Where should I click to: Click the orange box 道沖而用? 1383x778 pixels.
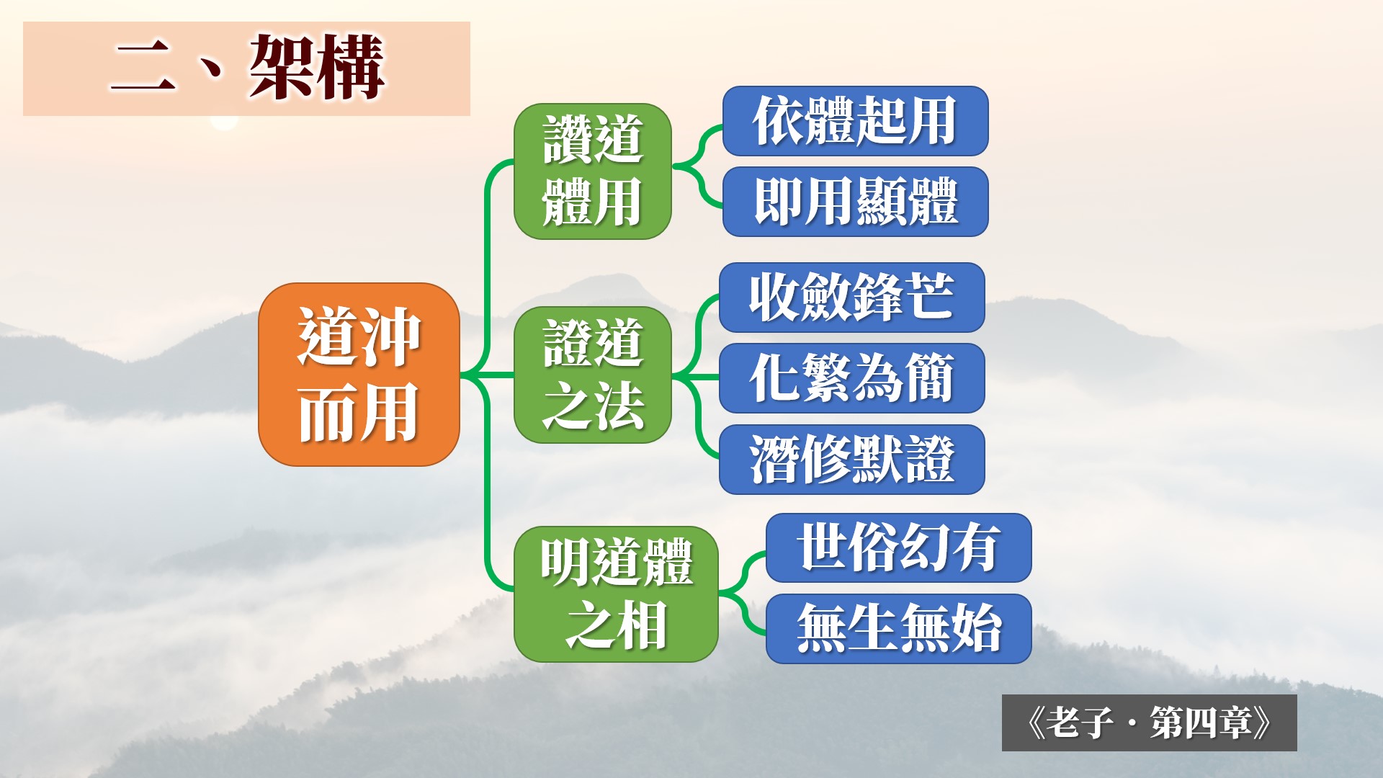(359, 375)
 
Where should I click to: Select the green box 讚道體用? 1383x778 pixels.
(593, 171)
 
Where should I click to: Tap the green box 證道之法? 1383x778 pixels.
(593, 375)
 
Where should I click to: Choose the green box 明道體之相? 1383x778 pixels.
(616, 594)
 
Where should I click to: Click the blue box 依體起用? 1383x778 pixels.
(855, 121)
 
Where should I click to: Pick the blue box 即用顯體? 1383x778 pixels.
(855, 202)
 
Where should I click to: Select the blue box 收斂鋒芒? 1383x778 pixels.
(852, 298)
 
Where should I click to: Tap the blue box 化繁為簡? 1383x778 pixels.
(852, 378)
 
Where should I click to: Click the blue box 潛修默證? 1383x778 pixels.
(852, 460)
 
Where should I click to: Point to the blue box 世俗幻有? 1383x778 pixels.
(899, 547)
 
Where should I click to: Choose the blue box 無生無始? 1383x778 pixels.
(899, 629)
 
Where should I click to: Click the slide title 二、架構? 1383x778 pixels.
(246, 68)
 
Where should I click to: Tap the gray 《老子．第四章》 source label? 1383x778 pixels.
(1150, 723)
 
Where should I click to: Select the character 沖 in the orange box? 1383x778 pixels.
(390, 337)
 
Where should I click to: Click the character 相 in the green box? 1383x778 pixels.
(641, 625)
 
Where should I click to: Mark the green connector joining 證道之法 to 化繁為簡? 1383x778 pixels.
(696, 377)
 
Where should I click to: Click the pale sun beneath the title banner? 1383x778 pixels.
(224, 123)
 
